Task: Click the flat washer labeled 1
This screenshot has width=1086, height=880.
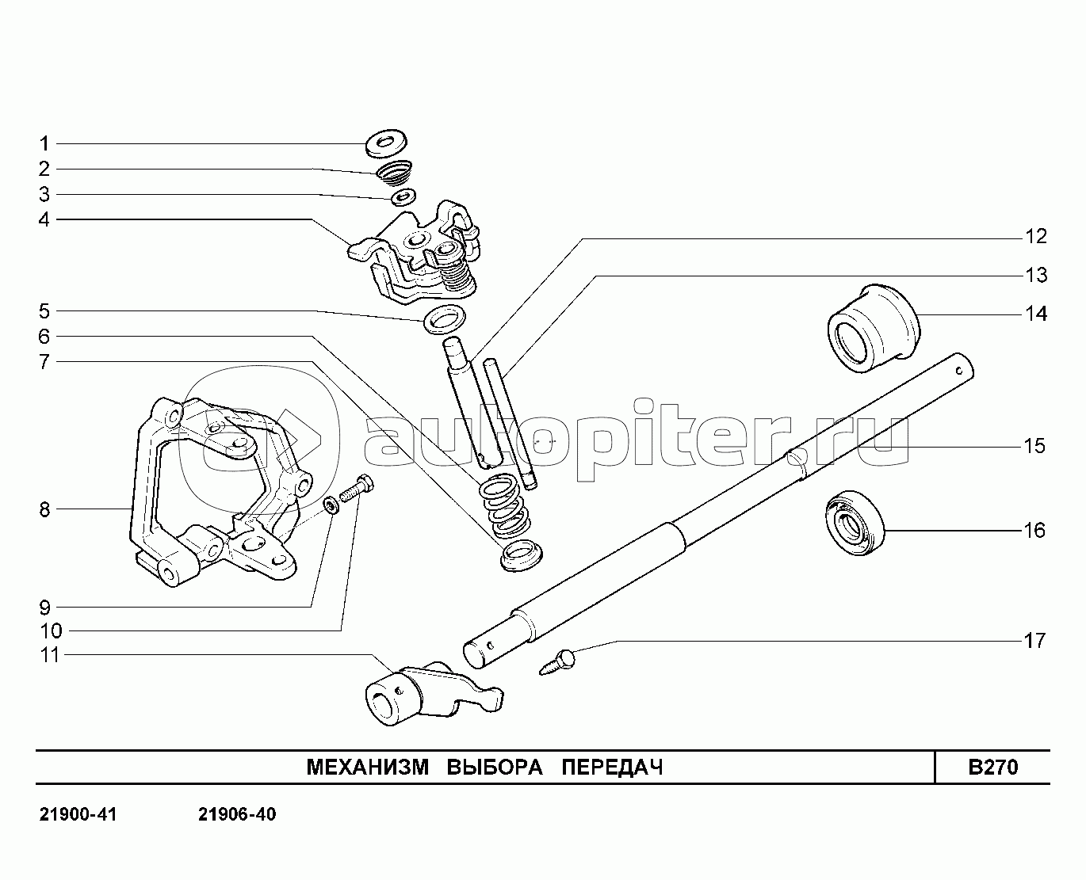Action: pyautogui.click(x=387, y=143)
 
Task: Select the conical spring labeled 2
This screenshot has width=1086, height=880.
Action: pyautogui.click(x=394, y=174)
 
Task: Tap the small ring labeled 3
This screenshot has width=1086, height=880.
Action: pyautogui.click(x=403, y=196)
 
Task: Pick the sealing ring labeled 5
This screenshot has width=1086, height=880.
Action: pyautogui.click(x=444, y=319)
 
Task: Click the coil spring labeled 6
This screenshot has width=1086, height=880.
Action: pyautogui.click(x=505, y=505)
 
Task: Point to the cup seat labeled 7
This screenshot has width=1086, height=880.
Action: pyautogui.click(x=522, y=556)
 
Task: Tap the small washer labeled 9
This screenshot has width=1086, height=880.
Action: pyautogui.click(x=332, y=505)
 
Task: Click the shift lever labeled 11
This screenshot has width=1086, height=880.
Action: pyautogui.click(x=434, y=694)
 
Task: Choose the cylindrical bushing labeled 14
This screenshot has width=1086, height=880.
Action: pyautogui.click(x=874, y=329)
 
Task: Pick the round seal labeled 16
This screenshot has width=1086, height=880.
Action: pyautogui.click(x=855, y=523)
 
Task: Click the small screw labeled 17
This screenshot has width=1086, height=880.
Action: pyautogui.click(x=557, y=661)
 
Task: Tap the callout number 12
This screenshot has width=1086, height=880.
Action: pyautogui.click(x=1036, y=236)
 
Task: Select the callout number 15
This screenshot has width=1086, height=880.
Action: pyautogui.click(x=1035, y=446)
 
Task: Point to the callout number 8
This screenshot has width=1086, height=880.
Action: pyautogui.click(x=45, y=509)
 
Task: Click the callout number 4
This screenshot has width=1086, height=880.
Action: pyautogui.click(x=44, y=219)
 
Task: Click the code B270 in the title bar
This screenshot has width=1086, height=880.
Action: pyautogui.click(x=993, y=768)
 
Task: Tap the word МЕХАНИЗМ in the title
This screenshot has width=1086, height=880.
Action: pyautogui.click(x=368, y=768)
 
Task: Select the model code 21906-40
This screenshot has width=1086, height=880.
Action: pyautogui.click(x=237, y=814)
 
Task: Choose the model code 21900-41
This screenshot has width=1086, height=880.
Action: pyautogui.click(x=78, y=814)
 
